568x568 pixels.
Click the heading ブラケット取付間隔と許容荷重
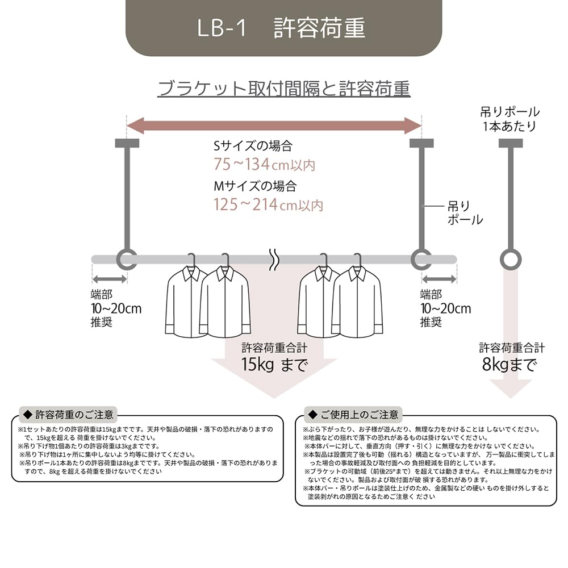click(x=284, y=89)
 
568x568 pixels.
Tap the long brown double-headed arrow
click(x=273, y=125)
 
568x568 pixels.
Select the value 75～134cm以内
click(x=264, y=165)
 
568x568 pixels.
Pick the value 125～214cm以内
click(x=268, y=204)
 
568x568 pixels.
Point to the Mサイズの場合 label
click(x=254, y=186)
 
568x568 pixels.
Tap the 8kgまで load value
click(x=509, y=365)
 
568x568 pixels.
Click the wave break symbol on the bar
click(x=274, y=259)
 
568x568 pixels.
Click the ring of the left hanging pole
click(x=126, y=259)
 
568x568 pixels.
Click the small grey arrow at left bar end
click(x=109, y=279)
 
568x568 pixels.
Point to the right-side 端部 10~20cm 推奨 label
click(x=445, y=308)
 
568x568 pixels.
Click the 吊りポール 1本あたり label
click(x=509, y=119)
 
